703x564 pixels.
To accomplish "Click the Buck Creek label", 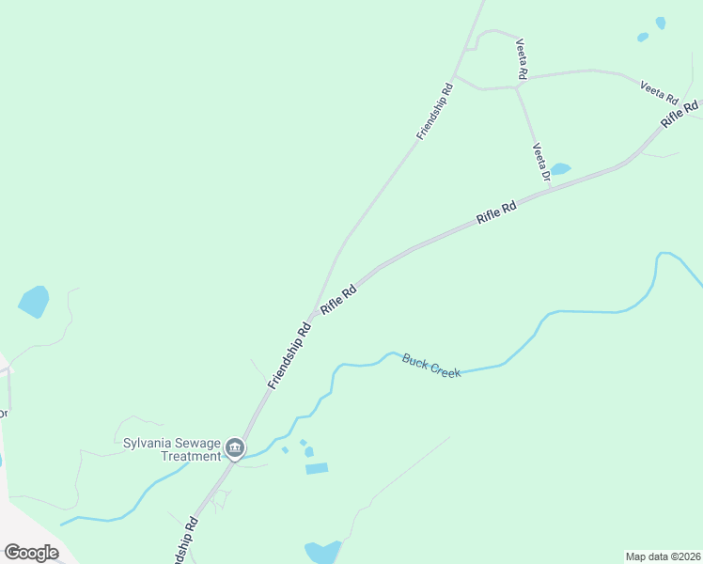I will [431, 366].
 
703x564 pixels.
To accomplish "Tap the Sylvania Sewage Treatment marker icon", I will [236, 448].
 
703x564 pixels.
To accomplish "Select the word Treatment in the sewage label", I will [191, 456].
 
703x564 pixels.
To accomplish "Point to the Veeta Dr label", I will [540, 161].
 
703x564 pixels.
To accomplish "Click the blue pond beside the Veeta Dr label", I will [560, 169].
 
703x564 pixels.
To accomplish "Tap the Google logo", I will [31, 553].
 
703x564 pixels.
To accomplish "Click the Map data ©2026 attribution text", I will [663, 556].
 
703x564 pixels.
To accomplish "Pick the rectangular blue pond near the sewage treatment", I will [317, 468].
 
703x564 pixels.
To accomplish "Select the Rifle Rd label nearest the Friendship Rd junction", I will [338, 300].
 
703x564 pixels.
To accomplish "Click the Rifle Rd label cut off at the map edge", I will [680, 113].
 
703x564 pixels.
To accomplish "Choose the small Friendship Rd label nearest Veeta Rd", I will [435, 112].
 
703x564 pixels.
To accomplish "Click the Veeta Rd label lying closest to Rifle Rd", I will [659, 91].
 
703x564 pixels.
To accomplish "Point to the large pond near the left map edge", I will [34, 301].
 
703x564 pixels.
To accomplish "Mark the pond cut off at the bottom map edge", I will [321, 552].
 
